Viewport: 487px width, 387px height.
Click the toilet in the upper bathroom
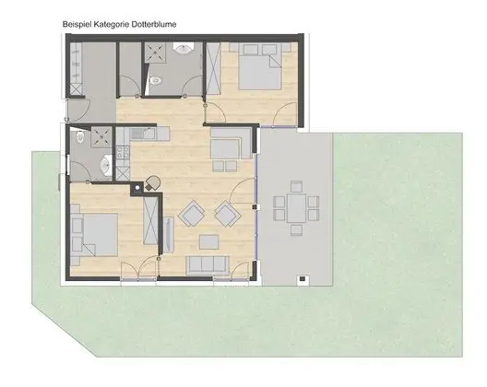point(157,81)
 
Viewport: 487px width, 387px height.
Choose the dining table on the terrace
point(295,207)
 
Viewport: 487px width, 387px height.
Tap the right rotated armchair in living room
point(226,214)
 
